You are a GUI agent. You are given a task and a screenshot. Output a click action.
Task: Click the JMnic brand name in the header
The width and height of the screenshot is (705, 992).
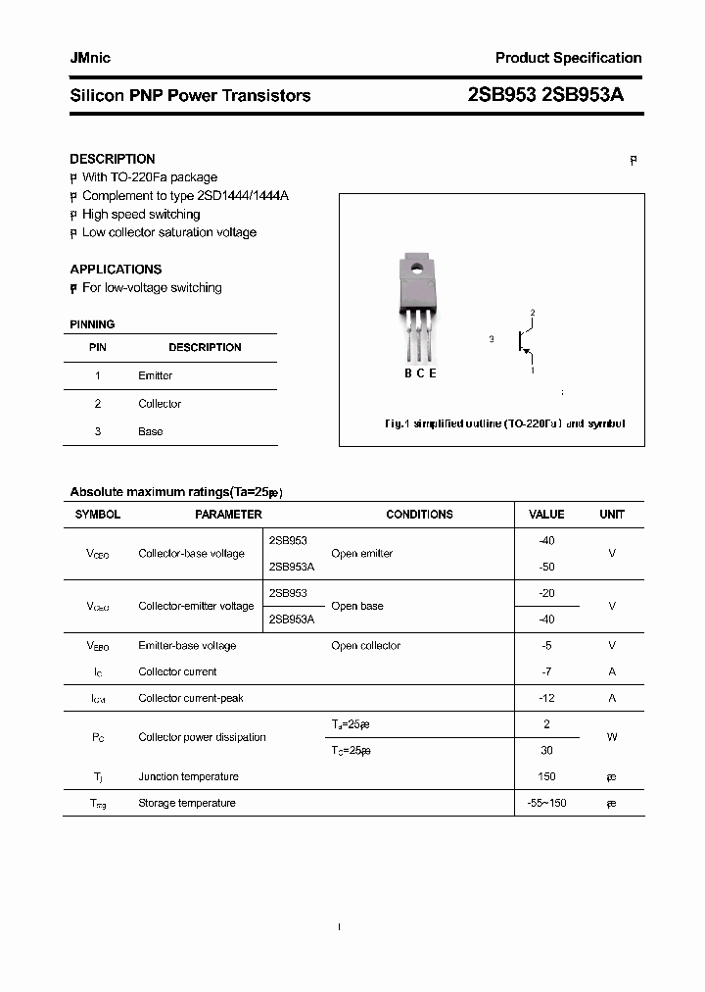[90, 58]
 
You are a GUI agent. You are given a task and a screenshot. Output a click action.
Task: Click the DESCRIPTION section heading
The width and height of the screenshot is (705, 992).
[113, 159]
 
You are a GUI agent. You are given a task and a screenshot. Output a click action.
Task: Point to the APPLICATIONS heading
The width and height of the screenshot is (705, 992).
[116, 269]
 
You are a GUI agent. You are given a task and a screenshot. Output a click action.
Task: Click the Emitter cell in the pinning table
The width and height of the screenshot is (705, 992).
[155, 375]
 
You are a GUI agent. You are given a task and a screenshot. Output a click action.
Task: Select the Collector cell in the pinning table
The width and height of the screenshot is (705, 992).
[160, 404]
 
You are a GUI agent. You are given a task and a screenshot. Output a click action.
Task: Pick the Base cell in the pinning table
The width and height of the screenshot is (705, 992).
[151, 431]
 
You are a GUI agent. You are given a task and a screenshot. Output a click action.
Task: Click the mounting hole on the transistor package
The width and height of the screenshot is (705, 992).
[416, 267]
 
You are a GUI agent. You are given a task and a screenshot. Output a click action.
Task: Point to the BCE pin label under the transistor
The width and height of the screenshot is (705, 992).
[420, 372]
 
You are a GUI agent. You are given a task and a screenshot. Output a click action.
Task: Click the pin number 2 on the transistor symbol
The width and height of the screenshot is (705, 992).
[533, 313]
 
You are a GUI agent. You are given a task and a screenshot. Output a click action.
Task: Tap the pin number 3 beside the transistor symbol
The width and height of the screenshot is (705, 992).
[491, 339]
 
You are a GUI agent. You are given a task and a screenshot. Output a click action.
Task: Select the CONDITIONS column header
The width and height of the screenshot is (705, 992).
[419, 514]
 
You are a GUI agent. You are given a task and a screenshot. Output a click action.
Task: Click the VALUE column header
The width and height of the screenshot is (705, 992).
[546, 514]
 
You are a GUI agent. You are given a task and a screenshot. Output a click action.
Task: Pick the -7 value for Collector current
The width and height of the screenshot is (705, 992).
[546, 671]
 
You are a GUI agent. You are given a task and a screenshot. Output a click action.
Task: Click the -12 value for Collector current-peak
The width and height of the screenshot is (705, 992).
[546, 698]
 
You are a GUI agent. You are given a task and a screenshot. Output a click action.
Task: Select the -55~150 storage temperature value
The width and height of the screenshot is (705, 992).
[546, 803]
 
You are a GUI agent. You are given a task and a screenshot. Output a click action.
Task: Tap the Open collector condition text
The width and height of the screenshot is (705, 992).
[365, 645]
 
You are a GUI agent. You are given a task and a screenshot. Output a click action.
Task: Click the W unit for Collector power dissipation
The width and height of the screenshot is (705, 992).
[612, 737]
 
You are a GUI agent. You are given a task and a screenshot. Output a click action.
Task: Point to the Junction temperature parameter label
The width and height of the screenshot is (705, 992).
[188, 776]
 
